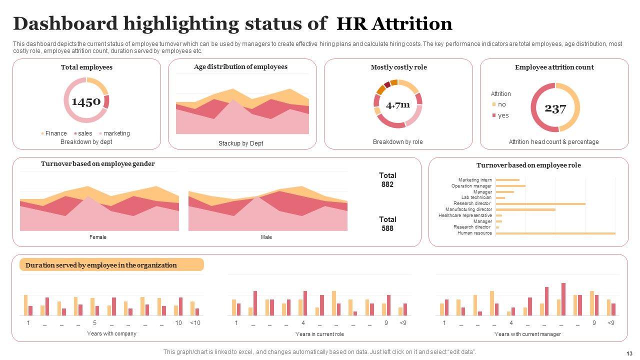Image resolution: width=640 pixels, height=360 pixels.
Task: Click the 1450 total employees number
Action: [86, 102]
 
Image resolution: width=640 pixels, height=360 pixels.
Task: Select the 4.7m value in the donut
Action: [398, 104]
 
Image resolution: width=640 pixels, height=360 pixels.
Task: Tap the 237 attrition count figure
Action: [555, 108]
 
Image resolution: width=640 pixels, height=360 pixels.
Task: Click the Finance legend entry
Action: [53, 133]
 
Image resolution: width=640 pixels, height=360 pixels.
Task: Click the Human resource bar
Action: [555, 233]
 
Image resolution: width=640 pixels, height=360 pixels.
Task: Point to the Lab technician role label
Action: [476, 197]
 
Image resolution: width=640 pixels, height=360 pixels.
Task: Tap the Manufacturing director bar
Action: [525, 209]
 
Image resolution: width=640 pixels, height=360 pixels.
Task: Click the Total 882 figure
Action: [387, 180]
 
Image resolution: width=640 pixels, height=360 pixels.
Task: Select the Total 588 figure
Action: [387, 224]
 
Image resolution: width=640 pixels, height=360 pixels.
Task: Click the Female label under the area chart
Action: [98, 237]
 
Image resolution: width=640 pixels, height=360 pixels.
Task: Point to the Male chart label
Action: [266, 237]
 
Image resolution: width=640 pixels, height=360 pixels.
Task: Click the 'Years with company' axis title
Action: [111, 333]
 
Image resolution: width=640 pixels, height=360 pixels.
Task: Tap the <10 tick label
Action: [195, 323]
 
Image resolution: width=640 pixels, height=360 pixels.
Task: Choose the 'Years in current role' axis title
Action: [319, 334]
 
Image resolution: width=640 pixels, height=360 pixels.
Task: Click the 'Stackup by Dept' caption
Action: [240, 143]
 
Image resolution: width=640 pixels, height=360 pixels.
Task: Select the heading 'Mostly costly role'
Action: [398, 67]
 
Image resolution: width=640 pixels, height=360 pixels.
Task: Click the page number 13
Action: [628, 352]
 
